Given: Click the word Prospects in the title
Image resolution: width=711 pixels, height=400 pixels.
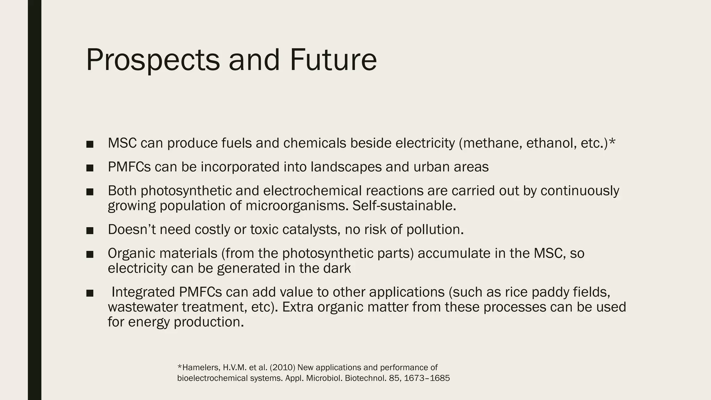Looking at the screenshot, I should (153, 60).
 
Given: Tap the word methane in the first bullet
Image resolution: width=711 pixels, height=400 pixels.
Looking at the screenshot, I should (492, 143).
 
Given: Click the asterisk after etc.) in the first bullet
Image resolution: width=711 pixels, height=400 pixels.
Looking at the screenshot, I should (612, 142).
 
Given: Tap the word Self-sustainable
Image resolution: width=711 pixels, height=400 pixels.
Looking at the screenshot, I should (404, 206).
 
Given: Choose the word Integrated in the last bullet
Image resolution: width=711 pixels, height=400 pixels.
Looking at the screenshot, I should (143, 292).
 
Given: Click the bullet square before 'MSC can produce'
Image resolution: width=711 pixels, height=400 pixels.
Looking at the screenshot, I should (90, 144).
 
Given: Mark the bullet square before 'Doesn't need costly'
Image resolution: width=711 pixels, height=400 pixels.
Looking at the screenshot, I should (90, 231).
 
